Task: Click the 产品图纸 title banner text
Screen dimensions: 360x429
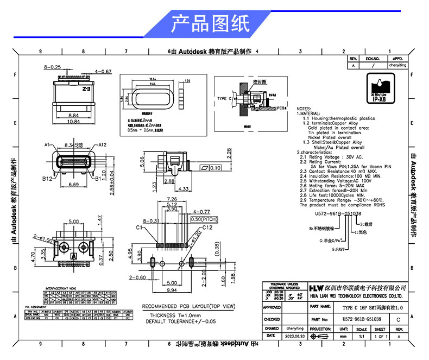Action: [x=210, y=23]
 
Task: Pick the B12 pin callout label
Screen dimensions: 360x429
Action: [x=47, y=178]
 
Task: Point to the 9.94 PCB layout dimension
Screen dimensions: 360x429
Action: [x=172, y=290]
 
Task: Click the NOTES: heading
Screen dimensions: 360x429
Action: [x=304, y=108]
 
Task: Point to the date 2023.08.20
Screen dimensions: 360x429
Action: [x=295, y=337]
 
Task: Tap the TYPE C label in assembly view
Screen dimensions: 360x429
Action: [x=224, y=99]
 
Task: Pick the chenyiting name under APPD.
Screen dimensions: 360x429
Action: [x=398, y=65]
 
